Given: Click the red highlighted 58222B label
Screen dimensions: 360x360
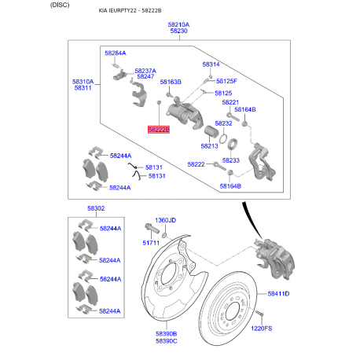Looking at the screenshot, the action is click(x=159, y=130).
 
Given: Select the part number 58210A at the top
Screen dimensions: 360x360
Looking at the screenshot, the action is click(x=178, y=24).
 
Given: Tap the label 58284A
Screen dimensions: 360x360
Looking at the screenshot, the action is click(x=116, y=53).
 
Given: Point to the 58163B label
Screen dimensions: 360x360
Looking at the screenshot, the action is click(x=171, y=82).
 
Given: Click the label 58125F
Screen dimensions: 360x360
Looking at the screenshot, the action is click(x=226, y=81).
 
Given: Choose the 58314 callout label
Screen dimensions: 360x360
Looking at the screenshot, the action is click(x=211, y=64).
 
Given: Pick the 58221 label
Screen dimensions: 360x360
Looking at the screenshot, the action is click(x=230, y=102).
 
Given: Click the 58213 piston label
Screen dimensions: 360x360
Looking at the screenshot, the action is click(x=209, y=146).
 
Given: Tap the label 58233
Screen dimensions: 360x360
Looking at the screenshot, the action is click(x=231, y=160).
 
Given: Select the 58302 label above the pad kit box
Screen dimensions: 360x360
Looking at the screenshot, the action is click(x=96, y=208).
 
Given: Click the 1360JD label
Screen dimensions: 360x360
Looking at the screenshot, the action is click(x=165, y=220).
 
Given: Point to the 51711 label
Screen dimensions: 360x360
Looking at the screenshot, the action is click(x=151, y=243).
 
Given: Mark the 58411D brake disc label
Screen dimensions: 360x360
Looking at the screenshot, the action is click(x=278, y=294).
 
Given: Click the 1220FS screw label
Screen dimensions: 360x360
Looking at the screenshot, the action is click(x=262, y=329).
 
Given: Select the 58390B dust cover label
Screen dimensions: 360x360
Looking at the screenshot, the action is click(x=167, y=334).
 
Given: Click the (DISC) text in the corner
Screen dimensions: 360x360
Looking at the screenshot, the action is click(x=60, y=5).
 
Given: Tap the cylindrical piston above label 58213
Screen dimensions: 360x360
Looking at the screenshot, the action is click(x=211, y=131).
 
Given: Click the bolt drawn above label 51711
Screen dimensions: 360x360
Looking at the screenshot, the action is click(x=152, y=228).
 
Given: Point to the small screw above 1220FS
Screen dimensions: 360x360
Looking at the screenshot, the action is click(x=260, y=313).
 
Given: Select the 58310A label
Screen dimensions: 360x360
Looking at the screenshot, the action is click(x=83, y=82).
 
